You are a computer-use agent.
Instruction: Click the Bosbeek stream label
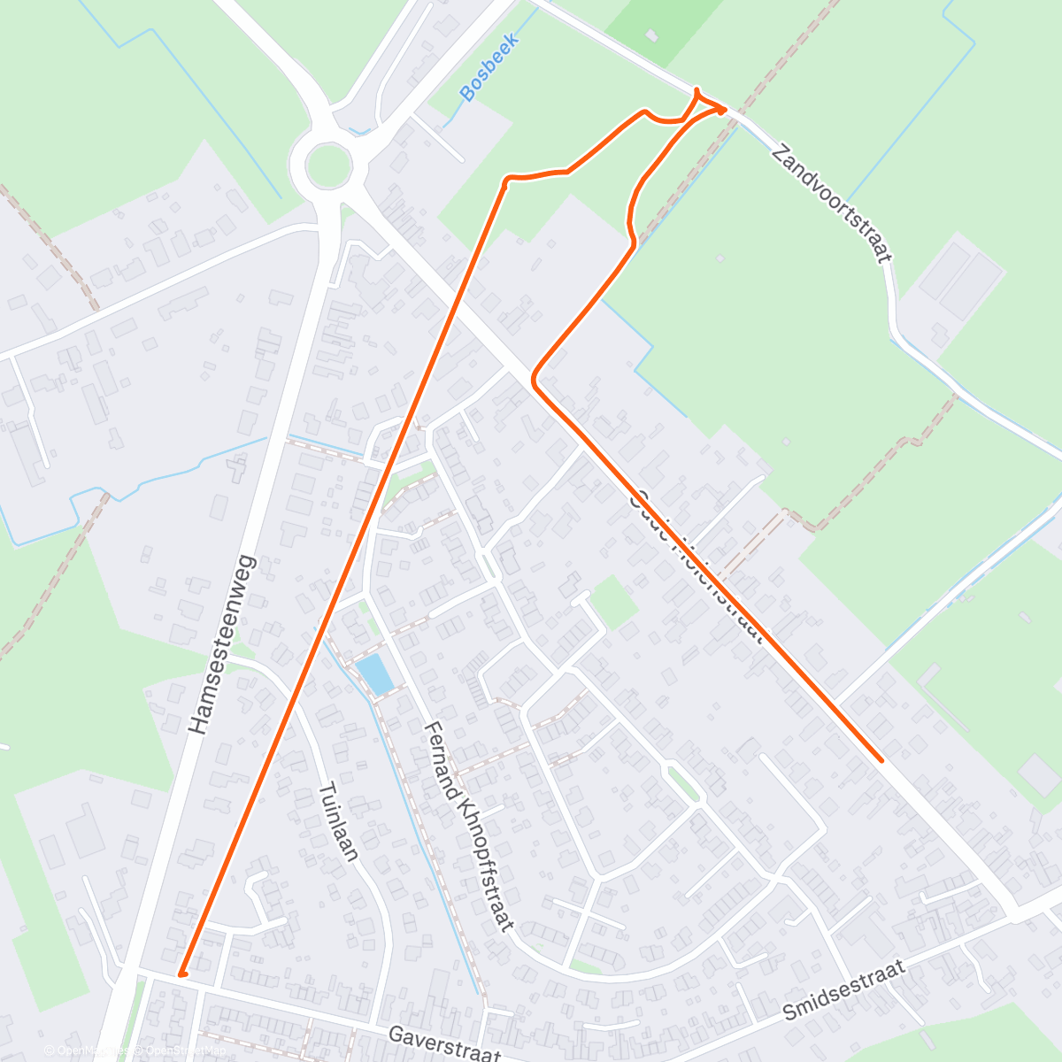tap(488, 67)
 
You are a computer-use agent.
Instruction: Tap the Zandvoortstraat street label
tap(830, 204)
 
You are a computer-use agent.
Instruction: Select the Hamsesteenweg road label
tap(222, 645)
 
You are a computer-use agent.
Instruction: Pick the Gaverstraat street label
tap(445, 1043)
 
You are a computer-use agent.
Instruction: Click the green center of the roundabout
tap(327, 165)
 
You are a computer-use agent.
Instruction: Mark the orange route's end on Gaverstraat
tap(181, 973)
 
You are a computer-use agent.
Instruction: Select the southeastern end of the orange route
tap(881, 759)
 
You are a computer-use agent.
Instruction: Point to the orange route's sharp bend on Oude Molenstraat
tap(534, 380)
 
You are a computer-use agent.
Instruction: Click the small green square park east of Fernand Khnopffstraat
tap(613, 603)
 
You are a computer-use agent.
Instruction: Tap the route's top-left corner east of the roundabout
tap(506, 181)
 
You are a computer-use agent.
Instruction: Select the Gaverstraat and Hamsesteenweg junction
tap(133, 972)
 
